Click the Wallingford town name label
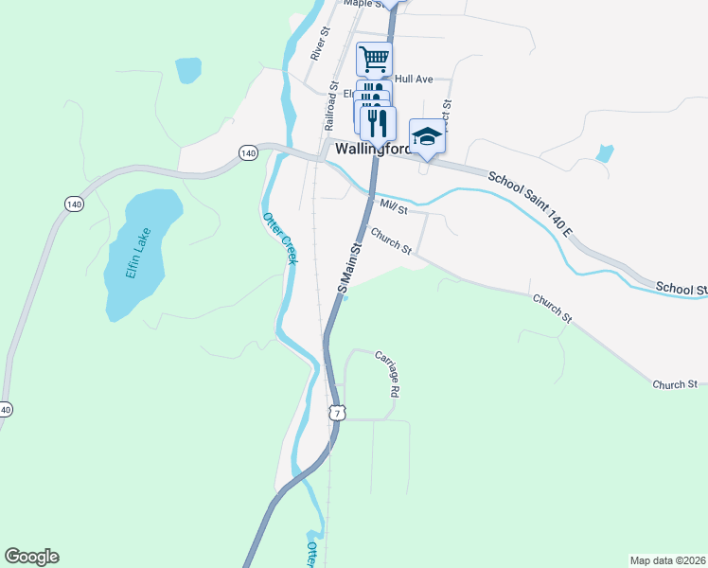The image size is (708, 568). [372, 150]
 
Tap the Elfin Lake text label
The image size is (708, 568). [138, 255]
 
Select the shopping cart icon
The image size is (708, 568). [374, 59]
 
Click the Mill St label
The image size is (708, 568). [392, 206]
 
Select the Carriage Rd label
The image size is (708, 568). [389, 373]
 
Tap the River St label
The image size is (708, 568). [319, 44]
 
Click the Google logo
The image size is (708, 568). [31, 557]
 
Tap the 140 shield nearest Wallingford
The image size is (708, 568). [248, 152]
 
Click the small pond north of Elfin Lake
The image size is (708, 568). [188, 69]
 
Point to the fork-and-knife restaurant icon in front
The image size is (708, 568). [378, 121]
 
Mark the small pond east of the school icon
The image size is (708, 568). [605, 153]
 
